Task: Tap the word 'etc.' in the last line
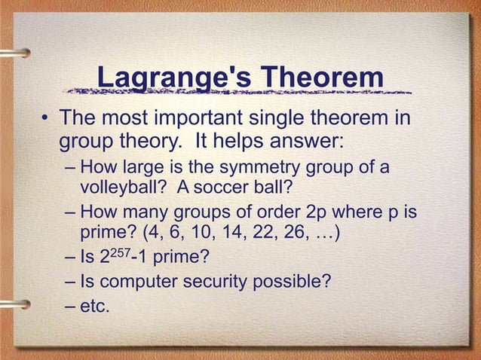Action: [94, 306]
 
